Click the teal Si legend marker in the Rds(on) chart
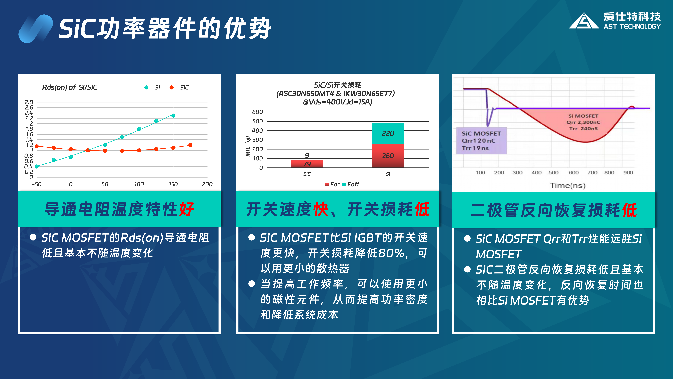click(x=146, y=87)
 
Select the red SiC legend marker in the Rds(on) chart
click(x=171, y=87)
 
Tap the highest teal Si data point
click(x=173, y=115)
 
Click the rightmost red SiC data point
click(x=190, y=145)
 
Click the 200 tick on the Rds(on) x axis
click(x=207, y=184)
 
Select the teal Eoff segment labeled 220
click(x=388, y=133)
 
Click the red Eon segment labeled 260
click(x=388, y=156)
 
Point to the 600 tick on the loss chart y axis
click(x=257, y=112)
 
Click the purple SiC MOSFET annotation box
click(x=482, y=141)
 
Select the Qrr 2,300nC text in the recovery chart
click(x=583, y=122)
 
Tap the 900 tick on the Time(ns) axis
click(x=628, y=173)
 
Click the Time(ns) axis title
click(x=568, y=185)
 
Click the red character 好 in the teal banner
click(x=187, y=209)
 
